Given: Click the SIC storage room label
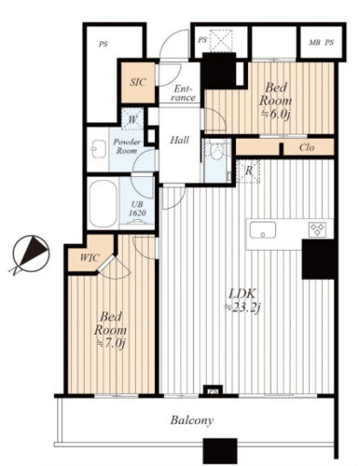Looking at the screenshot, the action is (x=138, y=82).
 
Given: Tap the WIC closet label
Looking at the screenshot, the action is (x=90, y=257).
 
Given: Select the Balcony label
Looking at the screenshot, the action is (x=192, y=420).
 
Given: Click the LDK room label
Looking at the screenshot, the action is (x=242, y=294).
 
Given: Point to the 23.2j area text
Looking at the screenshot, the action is (x=242, y=308).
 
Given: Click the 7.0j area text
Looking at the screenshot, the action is (x=110, y=343).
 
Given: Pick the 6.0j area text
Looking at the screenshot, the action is (x=275, y=114).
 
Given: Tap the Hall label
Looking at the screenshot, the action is (x=179, y=140).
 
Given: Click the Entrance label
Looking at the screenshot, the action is (x=183, y=93).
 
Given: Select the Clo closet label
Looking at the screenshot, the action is (x=307, y=147).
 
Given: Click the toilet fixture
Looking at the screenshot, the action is (x=216, y=150).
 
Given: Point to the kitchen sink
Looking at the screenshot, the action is (x=263, y=230).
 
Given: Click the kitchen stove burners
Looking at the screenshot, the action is (x=317, y=229).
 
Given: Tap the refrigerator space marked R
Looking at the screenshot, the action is (x=248, y=171).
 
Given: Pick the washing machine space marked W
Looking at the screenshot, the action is (x=132, y=119).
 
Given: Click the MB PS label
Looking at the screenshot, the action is (x=322, y=43).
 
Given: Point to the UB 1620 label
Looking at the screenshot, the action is (x=137, y=209).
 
